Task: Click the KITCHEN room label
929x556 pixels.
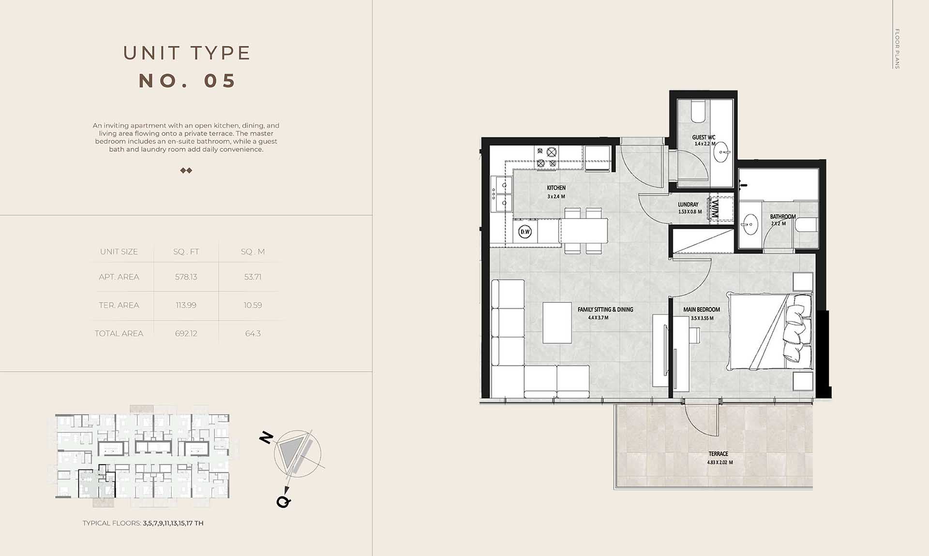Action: tap(556, 188)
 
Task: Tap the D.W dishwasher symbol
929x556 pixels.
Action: tap(525, 232)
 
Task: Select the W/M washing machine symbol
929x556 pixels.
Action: tap(715, 209)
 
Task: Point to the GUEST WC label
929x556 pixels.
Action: tap(704, 137)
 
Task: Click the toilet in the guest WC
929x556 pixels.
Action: tap(698, 111)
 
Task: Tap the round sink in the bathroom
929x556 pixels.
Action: tap(750, 224)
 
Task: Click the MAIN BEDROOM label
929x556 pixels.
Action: tap(702, 309)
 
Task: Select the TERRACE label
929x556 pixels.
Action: tap(718, 454)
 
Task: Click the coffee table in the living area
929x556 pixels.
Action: tap(557, 322)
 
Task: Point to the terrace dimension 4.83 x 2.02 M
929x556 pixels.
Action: tap(719, 462)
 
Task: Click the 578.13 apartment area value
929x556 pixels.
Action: tap(186, 277)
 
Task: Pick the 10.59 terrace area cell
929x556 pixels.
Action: tap(253, 305)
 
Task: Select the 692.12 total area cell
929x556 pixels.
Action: tap(186, 334)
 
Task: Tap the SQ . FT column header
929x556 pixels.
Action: tap(186, 252)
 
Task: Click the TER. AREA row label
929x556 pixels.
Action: tap(119, 305)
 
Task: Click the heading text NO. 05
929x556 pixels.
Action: tap(187, 81)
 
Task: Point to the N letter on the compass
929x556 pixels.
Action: tap(266, 438)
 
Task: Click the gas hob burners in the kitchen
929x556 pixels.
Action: tap(546, 158)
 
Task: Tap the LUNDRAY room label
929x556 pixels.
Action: tap(688, 205)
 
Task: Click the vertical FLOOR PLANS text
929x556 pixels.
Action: tap(897, 48)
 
